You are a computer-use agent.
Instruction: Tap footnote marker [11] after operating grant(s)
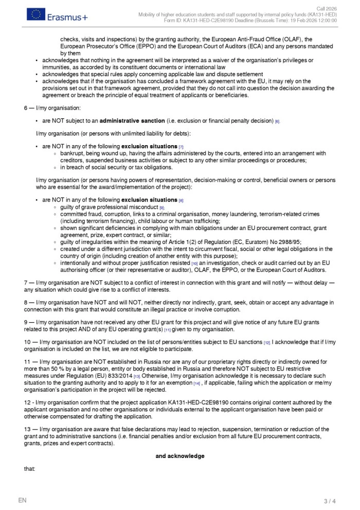coord(167,330)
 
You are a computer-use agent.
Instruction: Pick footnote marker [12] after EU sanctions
coord(267,342)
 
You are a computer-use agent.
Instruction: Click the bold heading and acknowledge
coord(179,456)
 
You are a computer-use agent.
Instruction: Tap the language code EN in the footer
coord(22,500)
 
